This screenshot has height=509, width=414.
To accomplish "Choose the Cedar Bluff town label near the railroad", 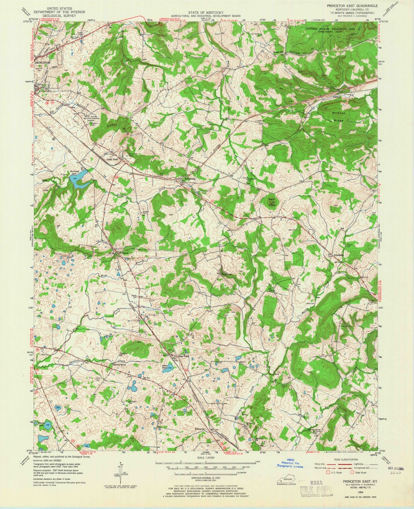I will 113,160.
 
